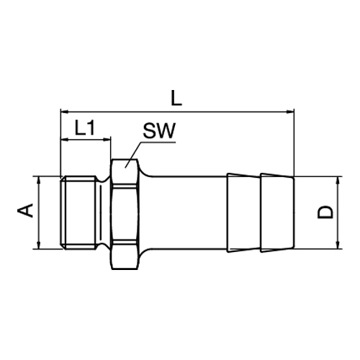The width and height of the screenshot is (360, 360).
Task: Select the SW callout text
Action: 158,132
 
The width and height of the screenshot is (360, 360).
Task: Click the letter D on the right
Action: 326,212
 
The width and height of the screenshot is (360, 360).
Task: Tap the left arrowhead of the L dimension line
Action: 63,112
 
